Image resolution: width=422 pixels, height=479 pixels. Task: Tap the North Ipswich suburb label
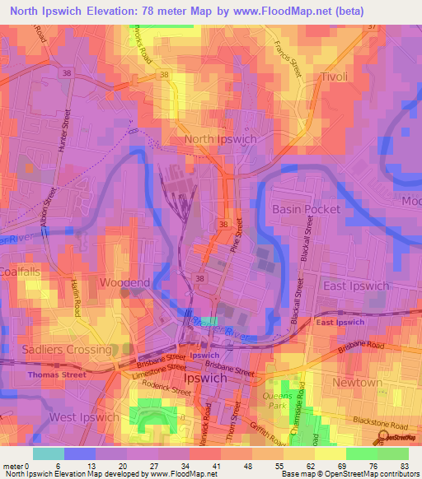[220, 139]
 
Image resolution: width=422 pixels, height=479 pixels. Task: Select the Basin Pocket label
[306, 209]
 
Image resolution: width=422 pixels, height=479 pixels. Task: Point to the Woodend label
[124, 282]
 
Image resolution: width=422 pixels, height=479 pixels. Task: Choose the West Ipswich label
[84, 417]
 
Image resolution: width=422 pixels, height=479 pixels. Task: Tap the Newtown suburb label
[357, 383]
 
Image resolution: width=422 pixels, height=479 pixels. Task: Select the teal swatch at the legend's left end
[48, 453]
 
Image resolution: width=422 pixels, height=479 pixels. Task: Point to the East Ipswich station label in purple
[338, 323]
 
